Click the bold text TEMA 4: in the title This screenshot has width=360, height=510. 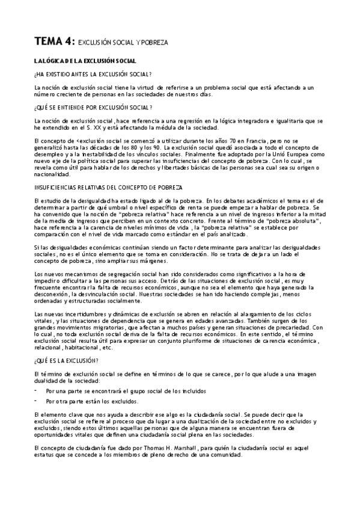pyautogui.click(x=55, y=41)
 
